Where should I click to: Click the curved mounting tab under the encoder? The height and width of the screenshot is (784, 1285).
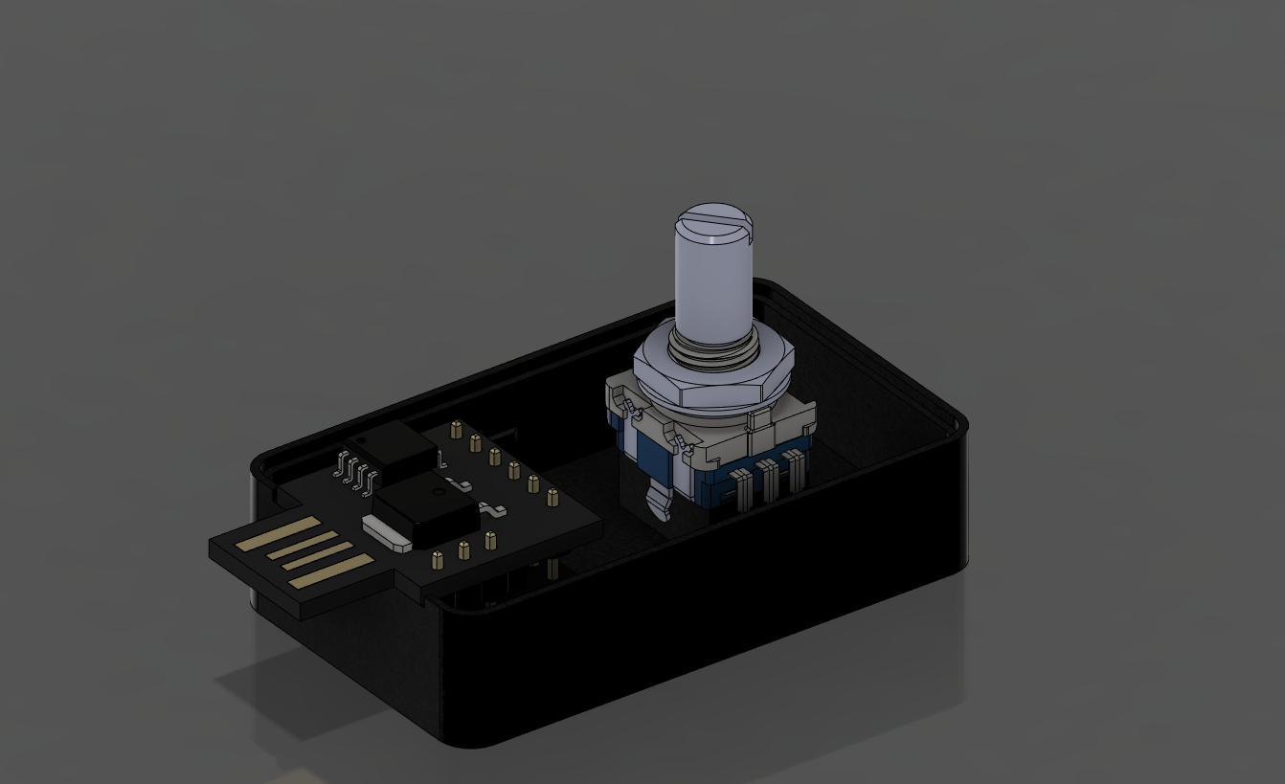pyautogui.click(x=658, y=501)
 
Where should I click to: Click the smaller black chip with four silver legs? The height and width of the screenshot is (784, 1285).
pyautogui.click(x=393, y=447)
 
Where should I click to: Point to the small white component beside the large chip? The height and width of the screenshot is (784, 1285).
pyautogui.click(x=386, y=533)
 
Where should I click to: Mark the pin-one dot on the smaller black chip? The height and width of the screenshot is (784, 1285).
pyautogui.click(x=361, y=437)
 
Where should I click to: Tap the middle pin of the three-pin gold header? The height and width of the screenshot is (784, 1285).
pyautogui.click(x=464, y=549)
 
